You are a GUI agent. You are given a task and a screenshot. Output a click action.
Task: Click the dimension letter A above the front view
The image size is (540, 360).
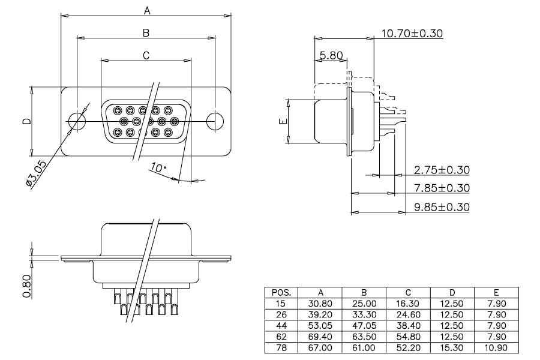coord(147,11)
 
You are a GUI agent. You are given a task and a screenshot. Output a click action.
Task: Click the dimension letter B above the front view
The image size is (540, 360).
coord(146,33)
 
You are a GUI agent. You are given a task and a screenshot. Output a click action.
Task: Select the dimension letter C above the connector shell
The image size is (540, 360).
coord(146,55)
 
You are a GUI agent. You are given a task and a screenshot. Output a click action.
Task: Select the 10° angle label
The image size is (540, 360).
coord(158,167)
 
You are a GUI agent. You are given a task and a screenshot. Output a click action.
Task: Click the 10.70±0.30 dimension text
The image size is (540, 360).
coord(412,34)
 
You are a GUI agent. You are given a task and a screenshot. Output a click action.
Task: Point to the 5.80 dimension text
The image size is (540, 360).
coord(331,55)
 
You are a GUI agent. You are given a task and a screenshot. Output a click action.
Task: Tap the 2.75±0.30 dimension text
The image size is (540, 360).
coord(442,170)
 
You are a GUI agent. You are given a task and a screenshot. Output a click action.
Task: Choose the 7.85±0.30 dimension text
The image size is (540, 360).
coord(442,188)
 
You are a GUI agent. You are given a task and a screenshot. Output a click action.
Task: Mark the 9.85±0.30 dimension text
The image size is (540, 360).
coord(442,207)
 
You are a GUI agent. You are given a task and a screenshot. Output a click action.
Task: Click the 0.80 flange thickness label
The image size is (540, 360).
coord(27,286)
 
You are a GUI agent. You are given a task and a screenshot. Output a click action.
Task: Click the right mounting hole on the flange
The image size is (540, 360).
coord(215,121)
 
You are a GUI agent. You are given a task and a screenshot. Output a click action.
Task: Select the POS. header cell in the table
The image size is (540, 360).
coord(281,293)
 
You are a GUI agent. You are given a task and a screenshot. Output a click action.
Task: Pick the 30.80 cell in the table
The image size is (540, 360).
coord(320,304)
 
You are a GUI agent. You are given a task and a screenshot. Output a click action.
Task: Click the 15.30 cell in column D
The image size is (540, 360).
coord(452,348)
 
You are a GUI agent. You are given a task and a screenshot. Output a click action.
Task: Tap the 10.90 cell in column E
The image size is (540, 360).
coord(496,348)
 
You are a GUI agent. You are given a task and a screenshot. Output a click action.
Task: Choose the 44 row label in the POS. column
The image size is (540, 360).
coord(281,326)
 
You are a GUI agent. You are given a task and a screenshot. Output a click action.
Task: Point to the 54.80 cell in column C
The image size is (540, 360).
coord(408,337)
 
